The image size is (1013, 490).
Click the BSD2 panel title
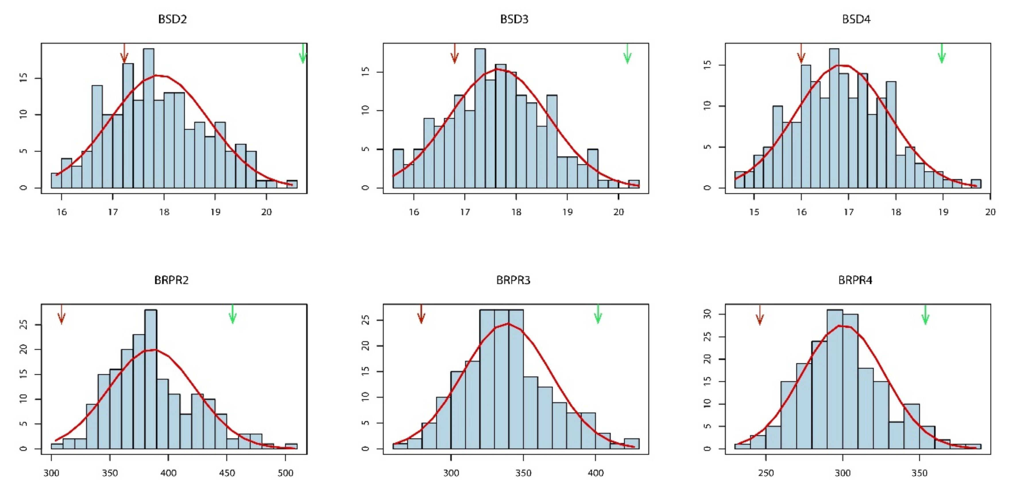pyautogui.click(x=172, y=19)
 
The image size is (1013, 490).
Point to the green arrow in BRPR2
pyautogui.click(x=232, y=314)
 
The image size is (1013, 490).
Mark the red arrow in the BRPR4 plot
pyautogui.click(x=760, y=316)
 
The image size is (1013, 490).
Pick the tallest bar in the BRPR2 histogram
pyautogui.click(x=151, y=379)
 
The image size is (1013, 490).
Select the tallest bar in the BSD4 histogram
pyautogui.click(x=834, y=118)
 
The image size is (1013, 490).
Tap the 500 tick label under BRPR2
pyautogui.click(x=285, y=473)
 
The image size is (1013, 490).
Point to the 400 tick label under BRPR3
pyautogui.click(x=596, y=473)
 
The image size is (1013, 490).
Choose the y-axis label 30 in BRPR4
pyautogui.click(x=707, y=314)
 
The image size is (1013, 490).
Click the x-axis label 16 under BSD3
pyautogui.click(x=414, y=212)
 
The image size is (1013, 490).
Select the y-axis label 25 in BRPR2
pyautogui.click(x=24, y=324)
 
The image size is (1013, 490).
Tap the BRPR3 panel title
pyautogui.click(x=513, y=280)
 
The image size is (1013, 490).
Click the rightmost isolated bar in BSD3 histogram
pyautogui.click(x=633, y=184)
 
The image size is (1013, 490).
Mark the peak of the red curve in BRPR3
pyautogui.click(x=509, y=324)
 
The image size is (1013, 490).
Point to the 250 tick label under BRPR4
pyautogui.click(x=766, y=473)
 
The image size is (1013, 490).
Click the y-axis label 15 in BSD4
pyautogui.click(x=707, y=65)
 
